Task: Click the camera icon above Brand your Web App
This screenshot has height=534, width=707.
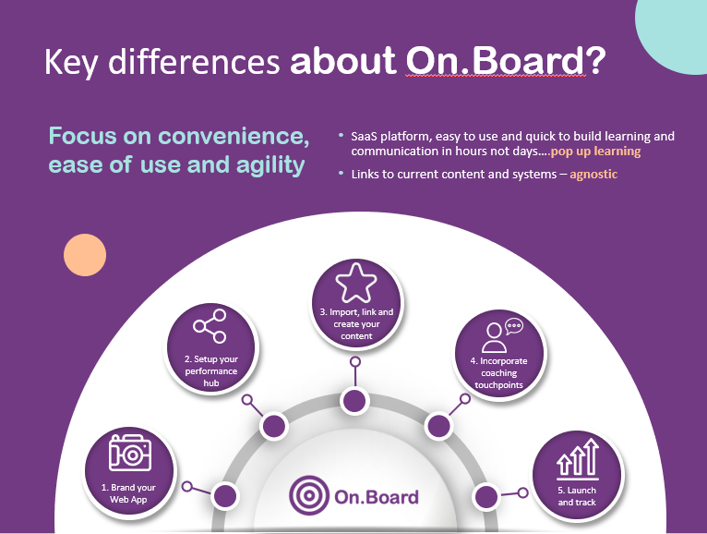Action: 129,454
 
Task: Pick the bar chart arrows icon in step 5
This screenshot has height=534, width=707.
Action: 577,459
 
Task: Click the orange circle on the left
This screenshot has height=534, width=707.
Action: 85,256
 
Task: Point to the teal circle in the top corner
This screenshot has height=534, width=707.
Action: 674,32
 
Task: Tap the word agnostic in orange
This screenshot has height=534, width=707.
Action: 593,173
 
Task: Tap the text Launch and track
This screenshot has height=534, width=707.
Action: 577,496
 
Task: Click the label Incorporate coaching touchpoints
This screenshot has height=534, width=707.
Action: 499,373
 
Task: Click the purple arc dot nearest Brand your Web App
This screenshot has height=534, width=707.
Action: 224,495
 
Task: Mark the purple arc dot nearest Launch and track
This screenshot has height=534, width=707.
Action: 485,495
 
